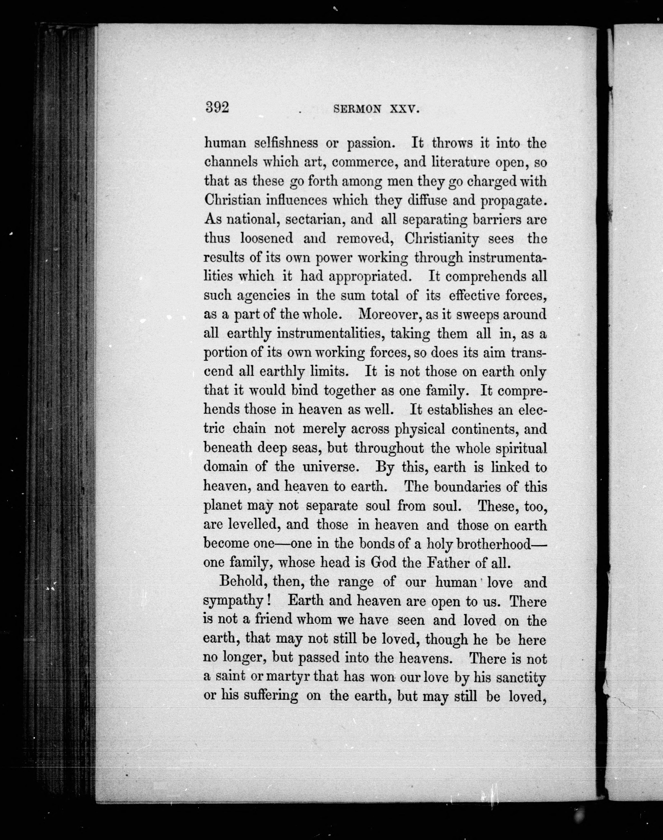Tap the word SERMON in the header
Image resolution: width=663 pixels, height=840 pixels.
tap(357, 110)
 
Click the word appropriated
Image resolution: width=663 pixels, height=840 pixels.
tap(370, 276)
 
